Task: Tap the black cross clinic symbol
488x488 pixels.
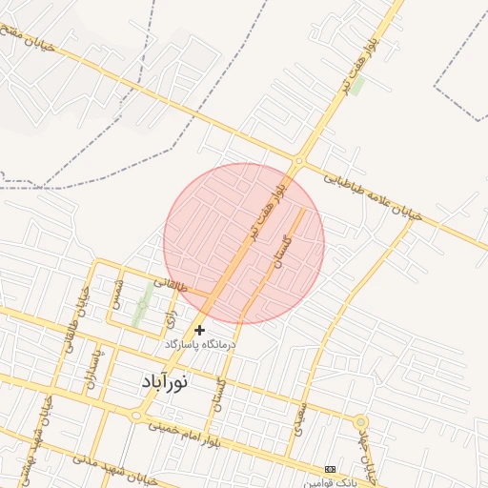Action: [x=199, y=330]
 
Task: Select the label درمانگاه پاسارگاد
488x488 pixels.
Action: [x=199, y=344]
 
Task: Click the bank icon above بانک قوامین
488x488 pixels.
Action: [x=331, y=470]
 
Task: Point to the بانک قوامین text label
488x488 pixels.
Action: [x=326, y=483]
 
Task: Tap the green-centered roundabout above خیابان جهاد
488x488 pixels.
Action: [x=360, y=421]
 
